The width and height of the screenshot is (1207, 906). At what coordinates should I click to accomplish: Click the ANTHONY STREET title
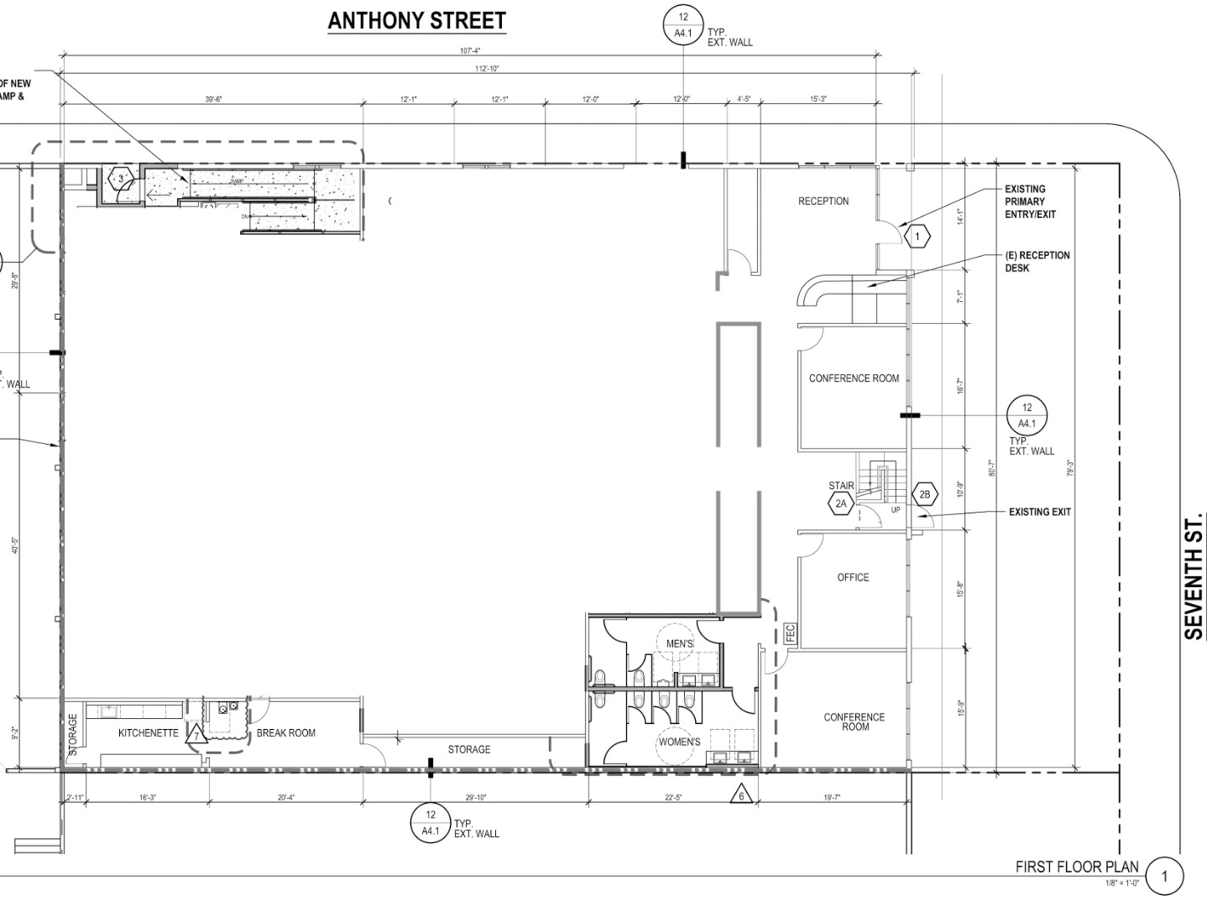416,21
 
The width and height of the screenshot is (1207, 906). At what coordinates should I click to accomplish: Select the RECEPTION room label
823,201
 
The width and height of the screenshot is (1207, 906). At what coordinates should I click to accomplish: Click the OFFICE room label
853,577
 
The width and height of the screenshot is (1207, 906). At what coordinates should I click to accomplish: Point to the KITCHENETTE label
148,733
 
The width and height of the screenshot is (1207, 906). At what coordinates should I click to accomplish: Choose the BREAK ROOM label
285,733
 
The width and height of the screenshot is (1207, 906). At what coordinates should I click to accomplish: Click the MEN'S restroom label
680,643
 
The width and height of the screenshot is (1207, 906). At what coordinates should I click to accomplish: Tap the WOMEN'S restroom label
679,742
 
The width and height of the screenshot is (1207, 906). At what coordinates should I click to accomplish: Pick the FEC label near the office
789,633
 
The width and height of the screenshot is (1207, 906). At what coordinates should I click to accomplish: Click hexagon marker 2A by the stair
841,504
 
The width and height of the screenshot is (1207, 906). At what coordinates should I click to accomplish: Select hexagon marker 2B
924,495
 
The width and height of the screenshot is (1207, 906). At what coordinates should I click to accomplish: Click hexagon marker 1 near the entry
917,237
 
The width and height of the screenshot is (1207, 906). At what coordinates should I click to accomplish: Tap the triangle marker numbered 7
196,737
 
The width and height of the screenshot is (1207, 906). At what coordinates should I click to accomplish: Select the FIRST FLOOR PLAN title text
1077,867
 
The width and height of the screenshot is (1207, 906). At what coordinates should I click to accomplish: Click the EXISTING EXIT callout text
1039,512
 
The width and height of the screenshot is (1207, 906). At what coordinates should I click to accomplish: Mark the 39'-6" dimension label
213,100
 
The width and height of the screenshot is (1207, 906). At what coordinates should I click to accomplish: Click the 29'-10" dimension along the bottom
475,798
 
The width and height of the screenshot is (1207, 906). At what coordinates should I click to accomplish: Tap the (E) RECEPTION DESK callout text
1037,262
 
